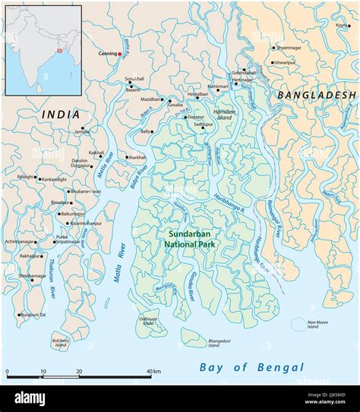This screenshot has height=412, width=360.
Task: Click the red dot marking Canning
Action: click(119, 55)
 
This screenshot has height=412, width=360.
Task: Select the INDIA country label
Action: click(61, 114)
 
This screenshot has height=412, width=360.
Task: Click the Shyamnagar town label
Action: click(289, 48)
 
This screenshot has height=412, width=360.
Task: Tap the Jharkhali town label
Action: click(137, 157)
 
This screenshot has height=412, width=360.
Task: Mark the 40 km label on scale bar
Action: click(153, 372)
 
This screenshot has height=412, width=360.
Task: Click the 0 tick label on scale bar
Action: click(8, 372)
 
